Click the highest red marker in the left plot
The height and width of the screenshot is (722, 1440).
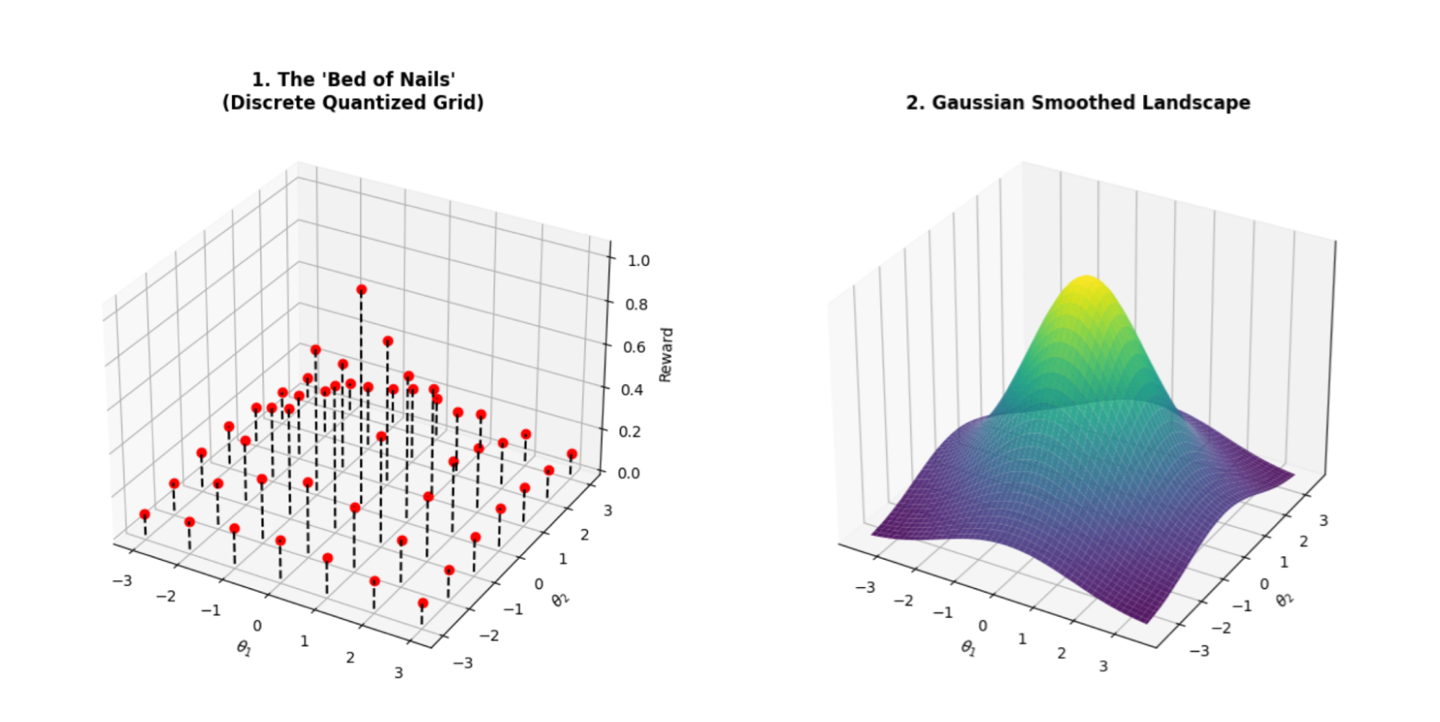point(362,290)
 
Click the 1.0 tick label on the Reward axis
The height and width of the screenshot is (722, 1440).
point(638,261)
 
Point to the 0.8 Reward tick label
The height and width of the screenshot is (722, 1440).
point(637,305)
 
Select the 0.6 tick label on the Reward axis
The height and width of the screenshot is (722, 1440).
point(635,347)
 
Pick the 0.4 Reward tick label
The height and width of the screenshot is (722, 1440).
point(633,390)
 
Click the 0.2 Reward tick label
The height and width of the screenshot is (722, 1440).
point(631,432)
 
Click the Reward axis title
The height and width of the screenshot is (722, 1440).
point(666,355)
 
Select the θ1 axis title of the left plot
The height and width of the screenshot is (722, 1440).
point(244,649)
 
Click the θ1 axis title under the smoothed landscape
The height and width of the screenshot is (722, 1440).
point(968,649)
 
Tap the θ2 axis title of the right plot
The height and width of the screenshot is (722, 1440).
point(1284,599)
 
